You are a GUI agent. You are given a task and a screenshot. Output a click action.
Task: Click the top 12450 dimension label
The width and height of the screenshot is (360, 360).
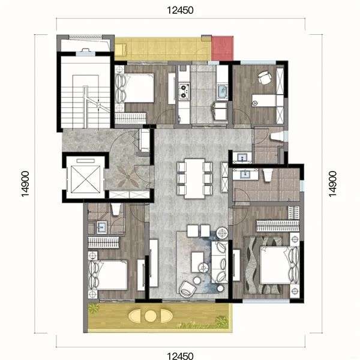point(180,10)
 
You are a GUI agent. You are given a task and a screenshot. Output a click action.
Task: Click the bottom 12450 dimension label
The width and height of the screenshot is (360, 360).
point(180,356)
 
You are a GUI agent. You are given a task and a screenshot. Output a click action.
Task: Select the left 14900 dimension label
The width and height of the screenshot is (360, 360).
point(25,184)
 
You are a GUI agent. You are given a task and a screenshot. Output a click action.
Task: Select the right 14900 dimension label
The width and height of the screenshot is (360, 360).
point(332,184)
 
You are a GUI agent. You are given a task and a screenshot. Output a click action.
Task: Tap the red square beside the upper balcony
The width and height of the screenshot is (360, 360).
point(222,48)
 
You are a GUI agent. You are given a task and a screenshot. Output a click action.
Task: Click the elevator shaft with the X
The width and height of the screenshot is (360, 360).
point(86,179)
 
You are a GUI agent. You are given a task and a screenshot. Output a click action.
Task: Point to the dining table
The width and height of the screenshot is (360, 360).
point(194,178)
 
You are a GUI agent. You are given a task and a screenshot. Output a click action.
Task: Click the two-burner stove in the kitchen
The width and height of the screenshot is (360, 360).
point(184,91)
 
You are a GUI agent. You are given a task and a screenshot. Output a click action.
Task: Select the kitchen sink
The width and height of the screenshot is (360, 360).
point(222,92)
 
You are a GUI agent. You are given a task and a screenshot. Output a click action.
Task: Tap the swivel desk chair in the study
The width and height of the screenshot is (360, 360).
point(264,77)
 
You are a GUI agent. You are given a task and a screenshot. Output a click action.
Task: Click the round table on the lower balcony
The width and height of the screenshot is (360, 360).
point(151,316)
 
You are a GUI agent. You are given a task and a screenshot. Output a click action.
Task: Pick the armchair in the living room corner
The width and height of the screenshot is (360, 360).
point(187,289)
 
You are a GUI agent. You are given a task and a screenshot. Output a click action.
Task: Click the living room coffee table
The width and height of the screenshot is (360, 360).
point(197,262)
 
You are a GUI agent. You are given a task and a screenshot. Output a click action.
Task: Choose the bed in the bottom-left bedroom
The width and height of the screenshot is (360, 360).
point(108,275)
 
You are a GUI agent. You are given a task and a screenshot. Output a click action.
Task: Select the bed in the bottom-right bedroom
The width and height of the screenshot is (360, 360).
point(280,265)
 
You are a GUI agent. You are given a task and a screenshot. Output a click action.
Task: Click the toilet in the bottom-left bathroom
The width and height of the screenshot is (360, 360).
point(115,209)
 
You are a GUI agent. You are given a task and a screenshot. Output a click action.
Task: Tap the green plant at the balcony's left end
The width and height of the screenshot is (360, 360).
point(94,308)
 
